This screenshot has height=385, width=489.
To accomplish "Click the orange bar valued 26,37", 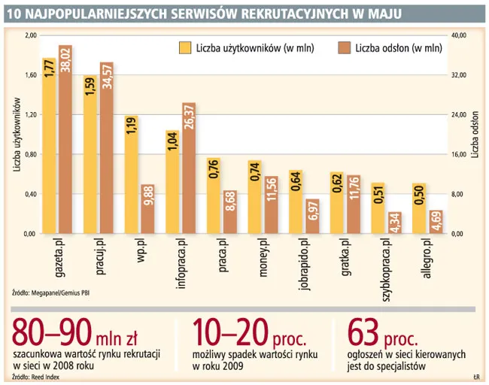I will point(189,168).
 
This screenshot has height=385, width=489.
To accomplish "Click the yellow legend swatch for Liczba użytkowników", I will point(184,48).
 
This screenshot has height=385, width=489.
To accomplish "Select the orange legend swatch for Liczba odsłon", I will point(345,48).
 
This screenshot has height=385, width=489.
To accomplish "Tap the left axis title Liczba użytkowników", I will point(16,135).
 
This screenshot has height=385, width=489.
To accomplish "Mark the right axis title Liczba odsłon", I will point(475,135).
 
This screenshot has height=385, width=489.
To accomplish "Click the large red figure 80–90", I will point(49,332).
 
